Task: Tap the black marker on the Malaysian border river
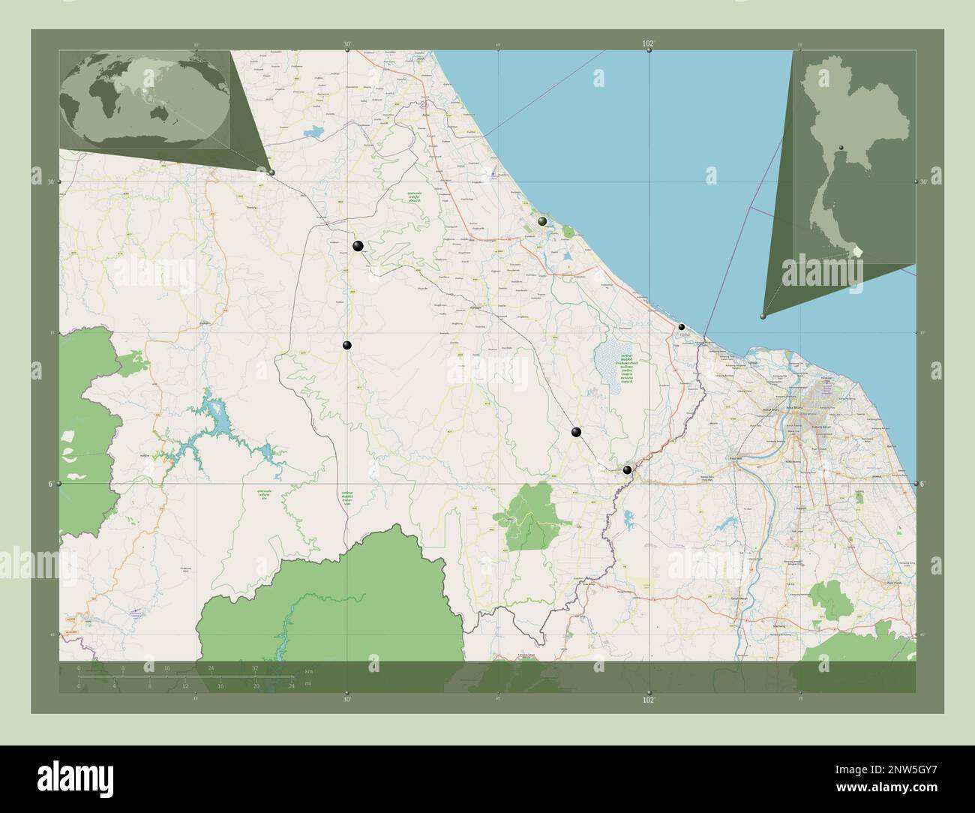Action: pyautogui.click(x=627, y=470)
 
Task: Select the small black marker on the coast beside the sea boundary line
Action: pyautogui.click(x=682, y=327)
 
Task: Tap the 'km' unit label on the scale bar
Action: pyautogui.click(x=308, y=670)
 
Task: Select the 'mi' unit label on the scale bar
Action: pyautogui.click(x=308, y=683)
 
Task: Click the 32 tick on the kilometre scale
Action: pyautogui.click(x=256, y=667)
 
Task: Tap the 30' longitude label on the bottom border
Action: pyautogui.click(x=346, y=699)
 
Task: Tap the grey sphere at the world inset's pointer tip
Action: pyautogui.click(x=271, y=172)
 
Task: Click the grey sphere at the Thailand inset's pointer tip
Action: pyautogui.click(x=763, y=317)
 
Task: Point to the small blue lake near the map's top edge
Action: pyautogui.click(x=313, y=133)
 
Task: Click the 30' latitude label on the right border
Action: pyautogui.click(x=924, y=181)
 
